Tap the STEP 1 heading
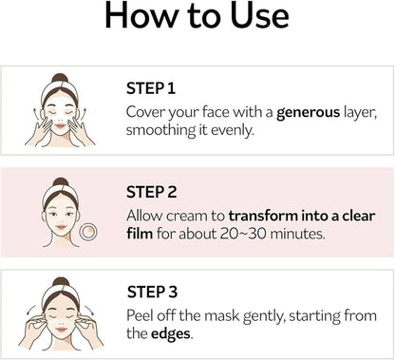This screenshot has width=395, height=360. click(x=150, y=88)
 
